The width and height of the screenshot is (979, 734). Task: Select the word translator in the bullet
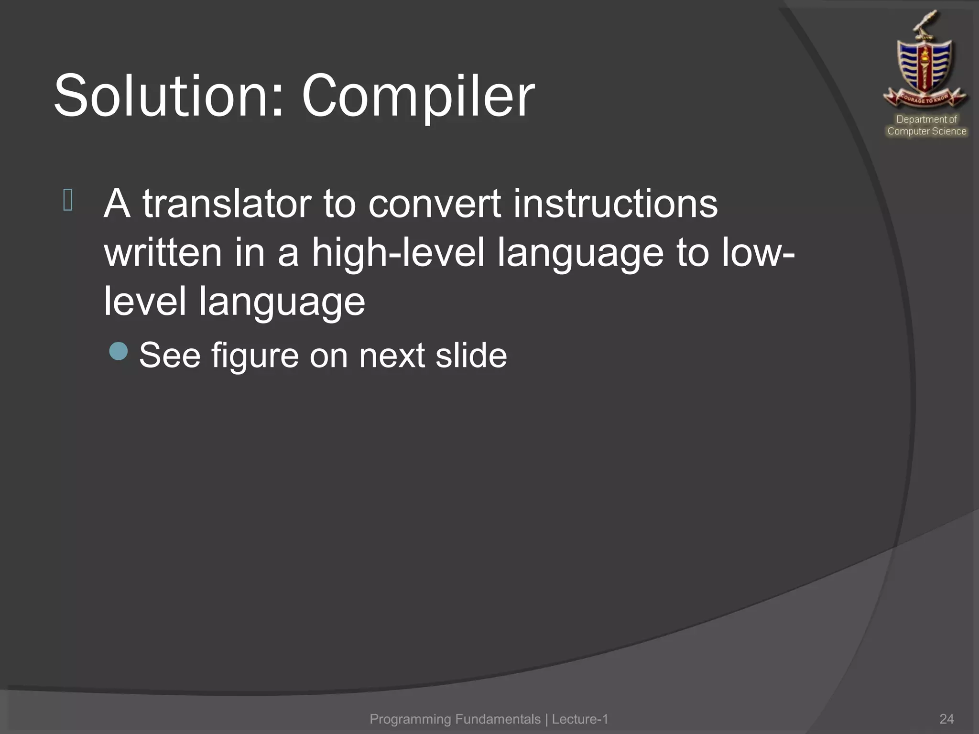[x=227, y=204]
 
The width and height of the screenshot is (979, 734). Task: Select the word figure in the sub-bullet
[x=255, y=356]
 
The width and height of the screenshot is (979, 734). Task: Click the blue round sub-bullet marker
[x=118, y=351]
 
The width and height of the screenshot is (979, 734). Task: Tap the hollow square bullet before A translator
[x=68, y=200]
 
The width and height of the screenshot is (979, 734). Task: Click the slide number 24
[x=946, y=719]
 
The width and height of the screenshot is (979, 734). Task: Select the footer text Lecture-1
[x=580, y=719]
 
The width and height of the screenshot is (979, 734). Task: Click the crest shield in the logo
[x=925, y=67]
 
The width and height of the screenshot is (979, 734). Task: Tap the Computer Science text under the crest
[x=926, y=131]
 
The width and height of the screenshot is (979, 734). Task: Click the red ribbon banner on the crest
[x=925, y=98]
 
